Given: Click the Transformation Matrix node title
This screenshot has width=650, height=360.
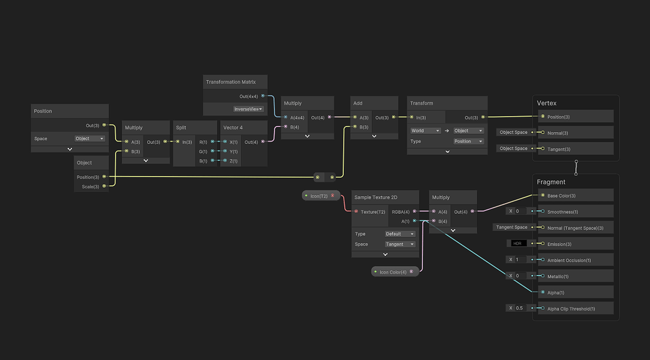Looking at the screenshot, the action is (231, 82).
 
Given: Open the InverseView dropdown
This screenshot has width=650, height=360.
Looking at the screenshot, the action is (248, 109).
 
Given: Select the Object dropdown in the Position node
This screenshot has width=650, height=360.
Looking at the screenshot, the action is (90, 138).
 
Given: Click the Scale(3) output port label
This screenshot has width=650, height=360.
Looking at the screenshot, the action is (90, 187).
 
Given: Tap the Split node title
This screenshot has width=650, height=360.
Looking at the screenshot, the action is (181, 128).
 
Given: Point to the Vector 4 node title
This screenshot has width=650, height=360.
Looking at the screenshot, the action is (233, 128).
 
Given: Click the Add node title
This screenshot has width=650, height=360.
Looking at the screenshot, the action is (358, 103).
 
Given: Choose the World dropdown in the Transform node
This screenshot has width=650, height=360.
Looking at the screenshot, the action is (425, 131).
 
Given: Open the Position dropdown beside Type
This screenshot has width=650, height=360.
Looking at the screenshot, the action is (468, 142).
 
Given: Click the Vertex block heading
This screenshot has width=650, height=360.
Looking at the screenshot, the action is (547, 103).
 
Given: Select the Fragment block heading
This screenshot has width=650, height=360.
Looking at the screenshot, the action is (551, 182).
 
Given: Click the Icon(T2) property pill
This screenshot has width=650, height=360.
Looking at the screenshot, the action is (321, 196).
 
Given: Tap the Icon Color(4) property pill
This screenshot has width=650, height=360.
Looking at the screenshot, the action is (395, 272).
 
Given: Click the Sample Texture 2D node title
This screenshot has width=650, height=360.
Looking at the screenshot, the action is (376, 197).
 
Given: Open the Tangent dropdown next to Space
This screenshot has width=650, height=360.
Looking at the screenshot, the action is (400, 244).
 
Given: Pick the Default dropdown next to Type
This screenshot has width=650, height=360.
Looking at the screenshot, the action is (400, 234).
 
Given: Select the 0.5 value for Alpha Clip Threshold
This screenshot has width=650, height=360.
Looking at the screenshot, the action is (519, 308).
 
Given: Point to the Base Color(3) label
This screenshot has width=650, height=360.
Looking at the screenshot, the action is (561, 196).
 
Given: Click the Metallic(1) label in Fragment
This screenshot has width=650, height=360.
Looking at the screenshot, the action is (558, 277).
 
